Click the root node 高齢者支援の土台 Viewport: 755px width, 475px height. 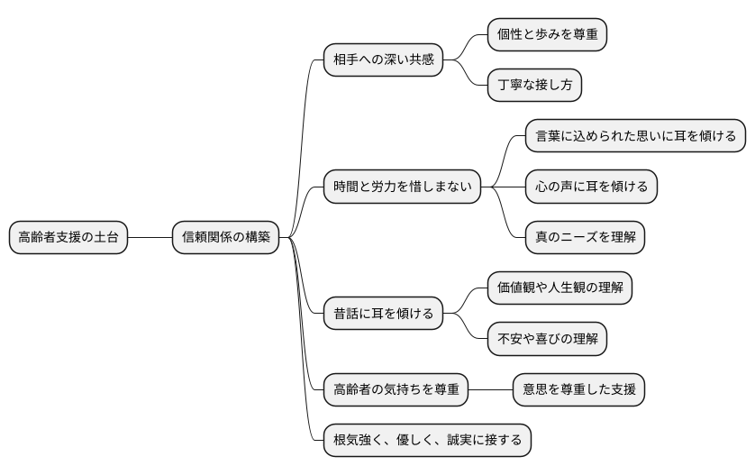pos(68,238)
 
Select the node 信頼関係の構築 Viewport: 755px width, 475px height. pos(225,238)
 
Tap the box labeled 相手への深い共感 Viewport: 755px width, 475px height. pos(383,60)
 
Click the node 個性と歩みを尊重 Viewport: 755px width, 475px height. pos(546,35)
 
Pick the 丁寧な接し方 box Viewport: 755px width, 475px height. pos(533,86)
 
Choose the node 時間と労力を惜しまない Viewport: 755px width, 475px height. pos(402,187)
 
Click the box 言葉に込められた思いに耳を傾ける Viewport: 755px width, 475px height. pos(635,136)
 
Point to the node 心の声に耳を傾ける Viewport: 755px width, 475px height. pos(591,187)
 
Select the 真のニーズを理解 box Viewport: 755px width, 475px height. pos(585,238)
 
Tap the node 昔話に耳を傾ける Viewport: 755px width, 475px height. pos(383,314)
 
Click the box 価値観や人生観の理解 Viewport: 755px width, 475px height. pos(559,288)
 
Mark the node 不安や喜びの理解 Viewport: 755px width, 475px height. pos(546,340)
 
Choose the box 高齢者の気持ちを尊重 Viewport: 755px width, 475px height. pos(396,390)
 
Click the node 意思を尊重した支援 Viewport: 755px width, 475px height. pos(578,390)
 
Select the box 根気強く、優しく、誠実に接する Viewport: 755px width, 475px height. pos(427,441)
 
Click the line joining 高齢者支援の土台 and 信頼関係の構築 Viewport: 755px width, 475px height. pos(150,238)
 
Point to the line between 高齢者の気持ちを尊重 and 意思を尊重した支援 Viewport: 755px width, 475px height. pos(490,390)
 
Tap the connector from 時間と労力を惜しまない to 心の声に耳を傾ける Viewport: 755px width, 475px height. pos(509,187)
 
